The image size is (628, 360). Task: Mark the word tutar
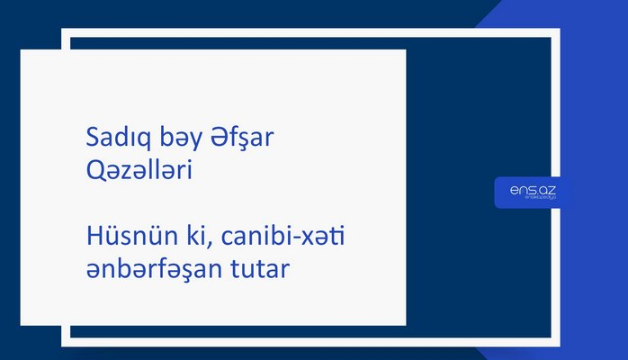(x=262, y=267)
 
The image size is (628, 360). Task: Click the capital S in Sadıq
(x=92, y=139)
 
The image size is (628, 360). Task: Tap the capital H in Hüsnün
(x=93, y=236)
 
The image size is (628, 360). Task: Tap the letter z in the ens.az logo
(x=553, y=190)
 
